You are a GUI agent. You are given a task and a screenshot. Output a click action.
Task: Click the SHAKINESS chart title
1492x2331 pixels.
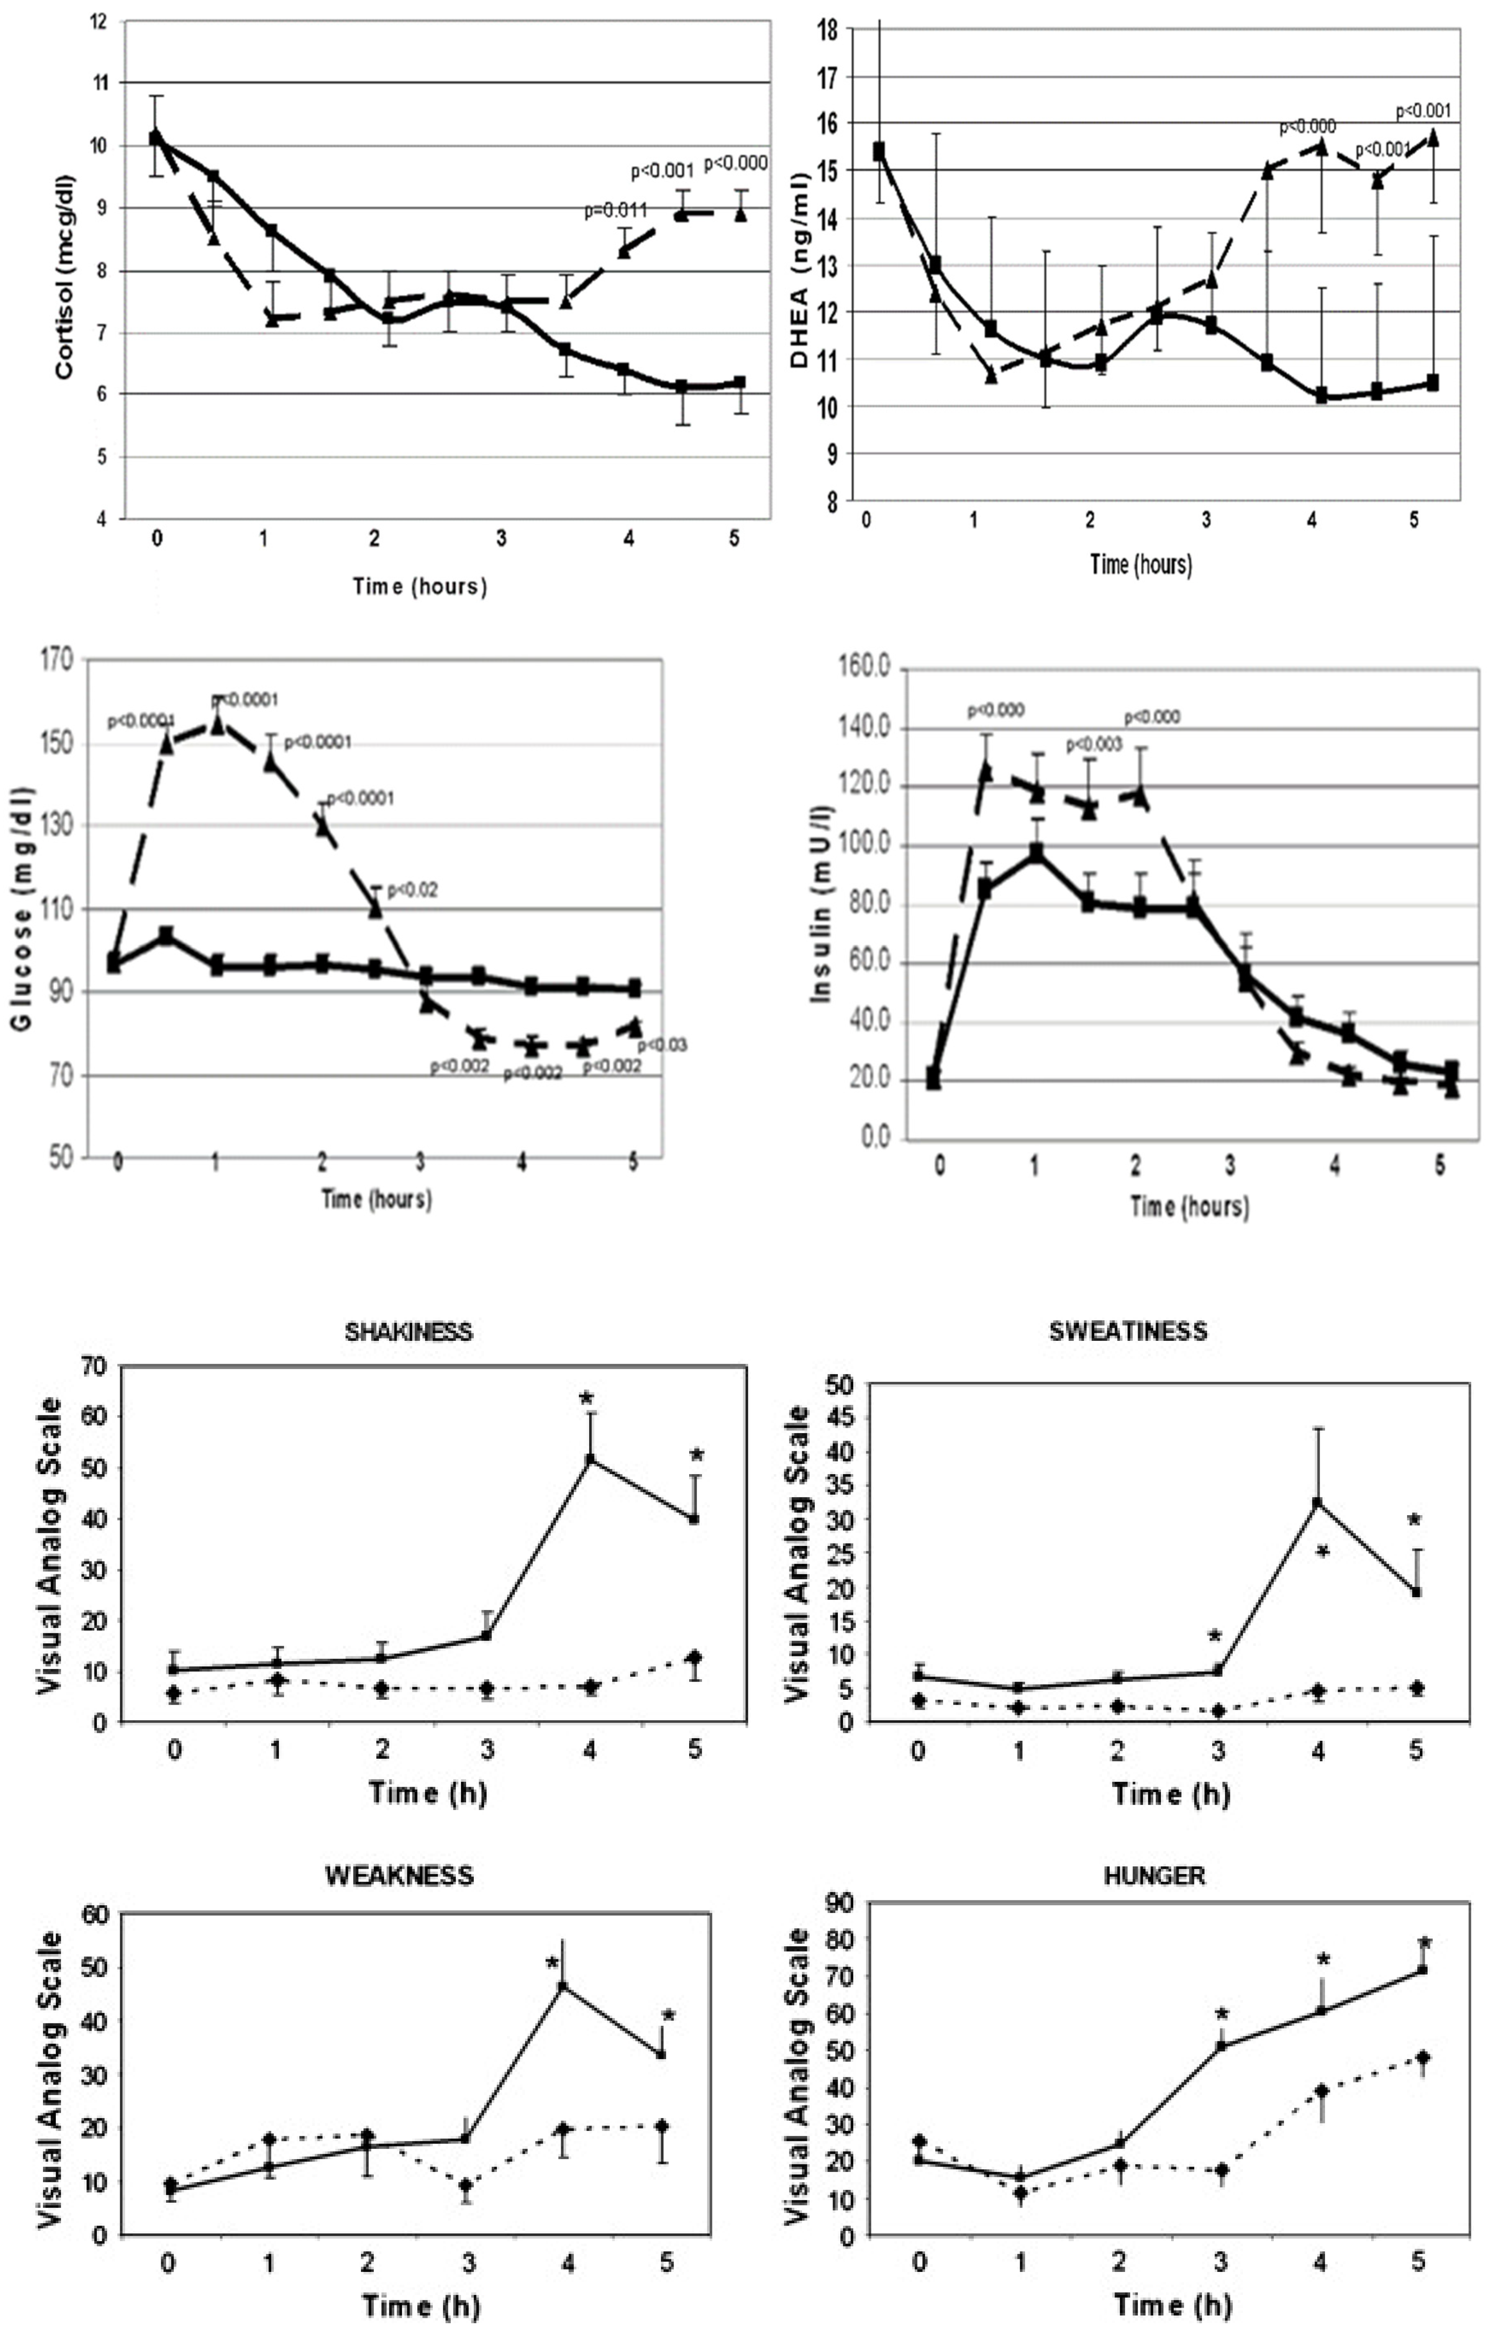click(x=408, y=1331)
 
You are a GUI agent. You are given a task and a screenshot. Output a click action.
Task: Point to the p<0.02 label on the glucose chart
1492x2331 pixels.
click(x=412, y=890)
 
